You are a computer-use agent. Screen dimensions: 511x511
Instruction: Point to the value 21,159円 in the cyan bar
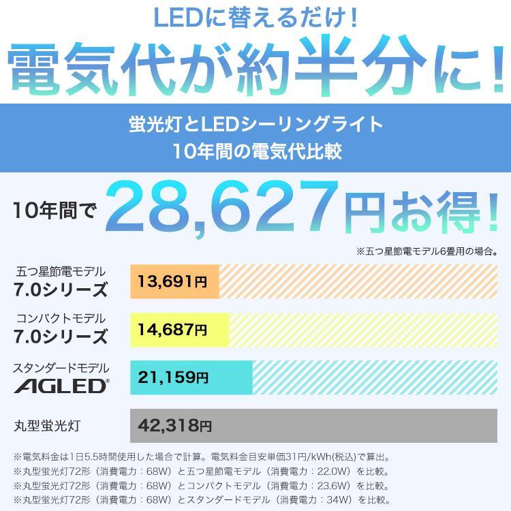[x=174, y=377]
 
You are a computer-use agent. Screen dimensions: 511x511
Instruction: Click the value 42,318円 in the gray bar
[x=174, y=426]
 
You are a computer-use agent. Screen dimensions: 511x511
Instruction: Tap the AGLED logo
[x=61, y=386]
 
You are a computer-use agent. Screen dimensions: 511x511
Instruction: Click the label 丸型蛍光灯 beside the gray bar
[x=47, y=426]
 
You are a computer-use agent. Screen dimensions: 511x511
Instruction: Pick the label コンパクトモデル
[x=61, y=318]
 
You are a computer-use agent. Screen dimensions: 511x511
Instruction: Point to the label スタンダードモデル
[x=61, y=368]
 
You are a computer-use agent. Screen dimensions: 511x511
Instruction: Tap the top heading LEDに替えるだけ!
[x=255, y=18]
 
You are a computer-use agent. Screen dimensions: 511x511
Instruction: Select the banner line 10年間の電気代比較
[x=255, y=151]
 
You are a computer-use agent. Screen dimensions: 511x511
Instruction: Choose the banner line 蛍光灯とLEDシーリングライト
[x=255, y=124]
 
